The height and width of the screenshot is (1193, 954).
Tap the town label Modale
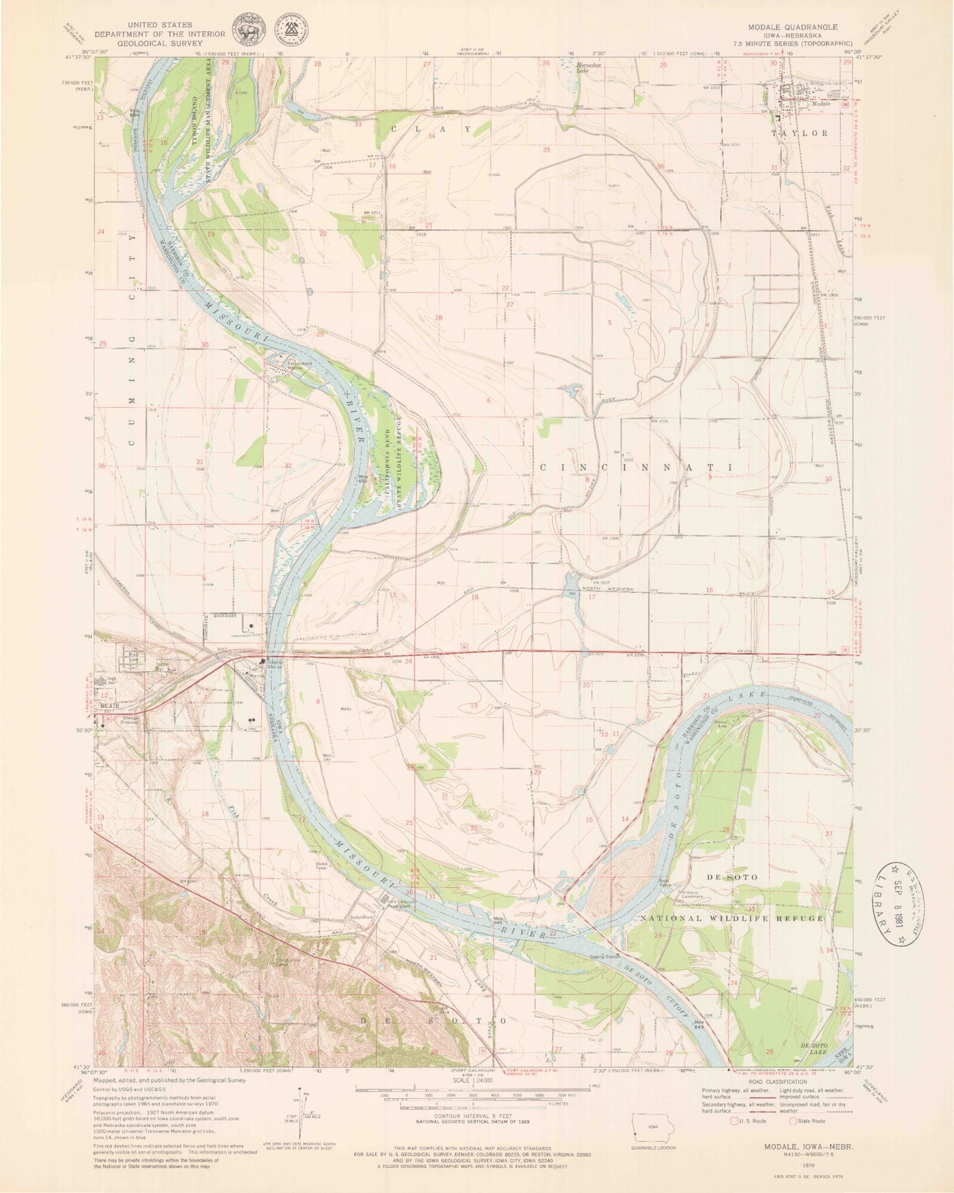(x=821, y=104)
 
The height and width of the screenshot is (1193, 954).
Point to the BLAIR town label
(x=108, y=705)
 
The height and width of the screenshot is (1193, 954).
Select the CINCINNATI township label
(x=637, y=467)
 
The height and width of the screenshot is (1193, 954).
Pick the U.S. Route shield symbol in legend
(x=734, y=1120)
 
